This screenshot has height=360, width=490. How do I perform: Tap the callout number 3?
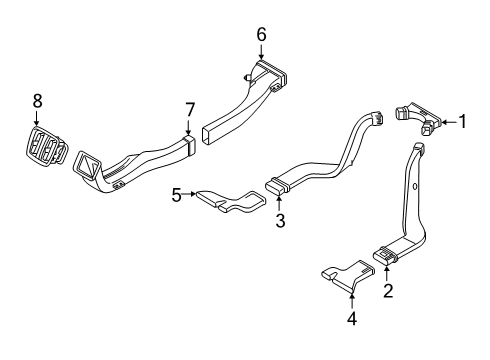pyautogui.click(x=281, y=220)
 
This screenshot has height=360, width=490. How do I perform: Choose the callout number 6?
pyautogui.click(x=261, y=34)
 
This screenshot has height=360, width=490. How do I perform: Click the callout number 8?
pyautogui.click(x=38, y=100)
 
